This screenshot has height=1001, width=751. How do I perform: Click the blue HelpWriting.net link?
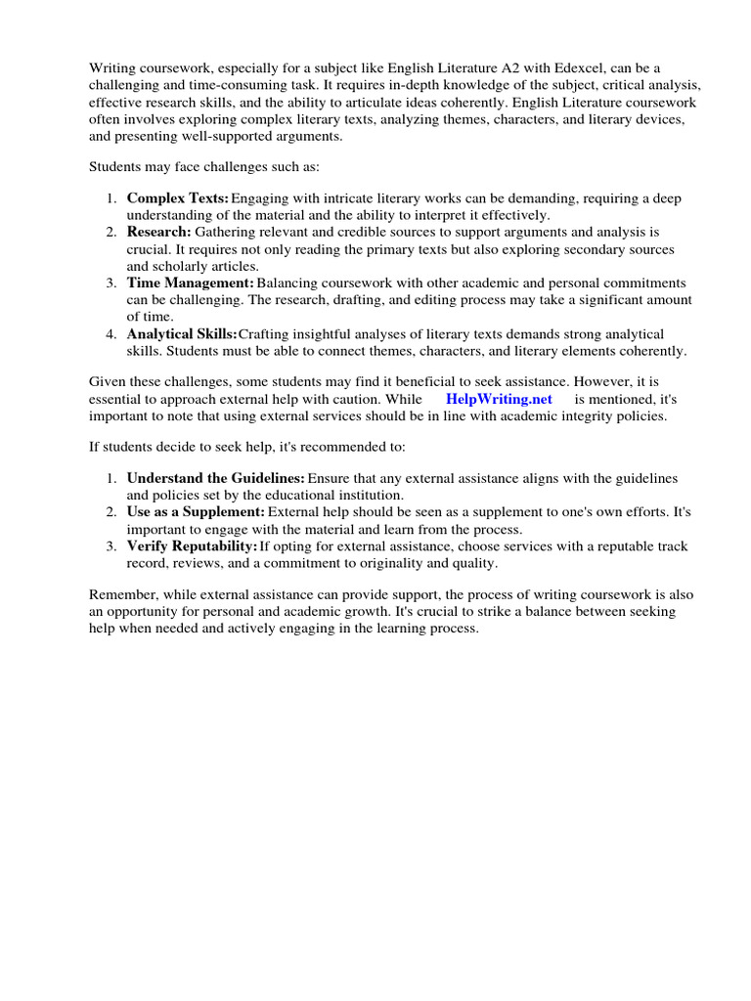pos(499,399)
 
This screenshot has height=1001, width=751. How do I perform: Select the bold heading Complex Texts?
pos(178,198)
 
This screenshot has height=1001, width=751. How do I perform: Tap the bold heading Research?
pos(158,232)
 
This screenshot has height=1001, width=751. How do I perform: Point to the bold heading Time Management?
pos(191,283)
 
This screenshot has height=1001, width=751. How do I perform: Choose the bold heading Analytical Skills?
pos(182,334)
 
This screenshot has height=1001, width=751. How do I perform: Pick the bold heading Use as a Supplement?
pos(196,511)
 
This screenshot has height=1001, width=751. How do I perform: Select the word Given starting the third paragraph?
pos(109,382)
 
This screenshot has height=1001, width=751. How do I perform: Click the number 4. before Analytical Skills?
pos(111,334)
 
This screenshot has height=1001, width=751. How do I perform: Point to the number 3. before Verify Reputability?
pos(111,545)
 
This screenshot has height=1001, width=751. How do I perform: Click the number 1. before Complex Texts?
pos(111,198)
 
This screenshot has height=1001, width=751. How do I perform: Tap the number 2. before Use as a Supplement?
pos(111,511)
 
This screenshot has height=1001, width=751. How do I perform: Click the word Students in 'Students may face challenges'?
pos(116,165)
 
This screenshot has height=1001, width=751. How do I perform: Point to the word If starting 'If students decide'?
pos(94,446)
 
